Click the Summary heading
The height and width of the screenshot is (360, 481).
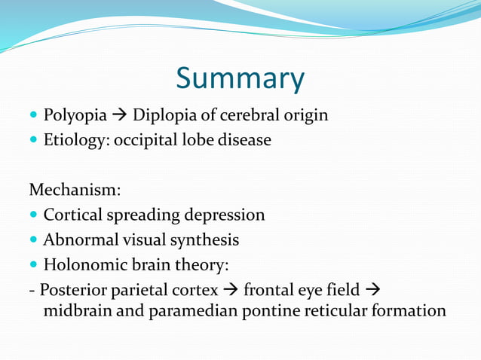coord(240,79)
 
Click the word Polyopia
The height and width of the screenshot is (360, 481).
coord(74,116)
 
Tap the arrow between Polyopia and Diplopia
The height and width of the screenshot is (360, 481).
coord(119,115)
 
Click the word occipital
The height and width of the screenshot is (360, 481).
coord(148,141)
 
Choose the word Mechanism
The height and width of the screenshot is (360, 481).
coord(74,191)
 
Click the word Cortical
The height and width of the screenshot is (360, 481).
coord(70,215)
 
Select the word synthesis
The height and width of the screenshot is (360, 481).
coord(205,240)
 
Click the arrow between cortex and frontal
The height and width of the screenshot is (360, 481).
coord(230,290)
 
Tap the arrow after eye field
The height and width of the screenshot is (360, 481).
coord(372,290)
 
